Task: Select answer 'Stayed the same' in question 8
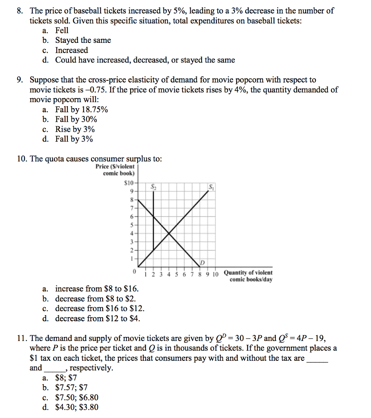click(83, 40)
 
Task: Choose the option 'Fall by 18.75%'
click(82, 110)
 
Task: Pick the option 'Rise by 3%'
click(75, 129)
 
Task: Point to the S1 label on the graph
click(211, 187)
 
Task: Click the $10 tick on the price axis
click(129, 182)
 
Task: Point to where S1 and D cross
click(169, 233)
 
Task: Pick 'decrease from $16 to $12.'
click(100, 309)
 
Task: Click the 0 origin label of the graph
click(133, 271)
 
